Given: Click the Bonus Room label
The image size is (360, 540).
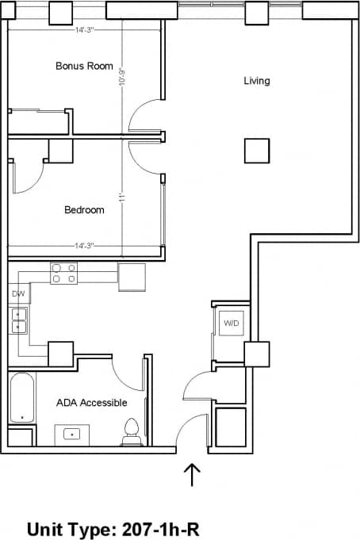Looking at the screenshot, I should (x=84, y=66).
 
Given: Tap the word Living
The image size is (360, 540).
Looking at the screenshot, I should (x=256, y=81).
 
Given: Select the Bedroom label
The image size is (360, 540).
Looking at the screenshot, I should (x=84, y=210).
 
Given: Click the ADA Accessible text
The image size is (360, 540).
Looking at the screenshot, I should (x=91, y=403).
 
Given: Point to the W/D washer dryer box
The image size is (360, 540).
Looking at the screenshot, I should (x=231, y=324).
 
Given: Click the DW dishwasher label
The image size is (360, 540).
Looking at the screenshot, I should (x=19, y=294).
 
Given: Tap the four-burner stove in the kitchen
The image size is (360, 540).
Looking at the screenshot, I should (x=64, y=274).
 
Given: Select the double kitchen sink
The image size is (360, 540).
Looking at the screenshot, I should (x=19, y=321).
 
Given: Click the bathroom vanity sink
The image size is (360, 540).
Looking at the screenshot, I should (x=71, y=435).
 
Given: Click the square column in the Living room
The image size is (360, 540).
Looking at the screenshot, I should (x=256, y=150).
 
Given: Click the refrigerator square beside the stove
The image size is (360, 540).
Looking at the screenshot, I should (x=132, y=277).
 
